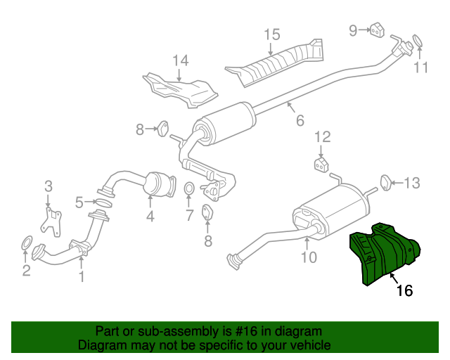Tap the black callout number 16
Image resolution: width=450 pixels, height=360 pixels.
pyautogui.click(x=404, y=290)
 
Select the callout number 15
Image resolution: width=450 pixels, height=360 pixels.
pyautogui.click(x=272, y=34)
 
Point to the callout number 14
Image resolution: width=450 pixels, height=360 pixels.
pyautogui.click(x=181, y=60)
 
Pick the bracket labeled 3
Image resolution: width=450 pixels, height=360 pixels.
pyautogui.click(x=51, y=221)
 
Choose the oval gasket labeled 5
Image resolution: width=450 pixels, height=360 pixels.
pyautogui.click(x=103, y=202)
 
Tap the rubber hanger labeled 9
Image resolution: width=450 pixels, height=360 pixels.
pyautogui.click(x=377, y=30)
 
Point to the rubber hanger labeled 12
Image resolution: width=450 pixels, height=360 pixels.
pyautogui.click(x=321, y=165)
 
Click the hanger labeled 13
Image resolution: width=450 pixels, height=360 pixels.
pyautogui.click(x=386, y=183)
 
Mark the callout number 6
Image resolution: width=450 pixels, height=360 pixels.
pyautogui.click(x=300, y=120)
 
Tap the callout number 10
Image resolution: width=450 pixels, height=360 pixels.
pyautogui.click(x=309, y=257)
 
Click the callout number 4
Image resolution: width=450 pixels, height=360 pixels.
pyautogui.click(x=150, y=216)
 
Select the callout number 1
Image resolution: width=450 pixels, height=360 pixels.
pyautogui.click(x=82, y=276)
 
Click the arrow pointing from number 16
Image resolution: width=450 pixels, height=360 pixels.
pyautogui.click(x=394, y=278)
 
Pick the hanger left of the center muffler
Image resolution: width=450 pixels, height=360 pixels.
pyautogui.click(x=162, y=129)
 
